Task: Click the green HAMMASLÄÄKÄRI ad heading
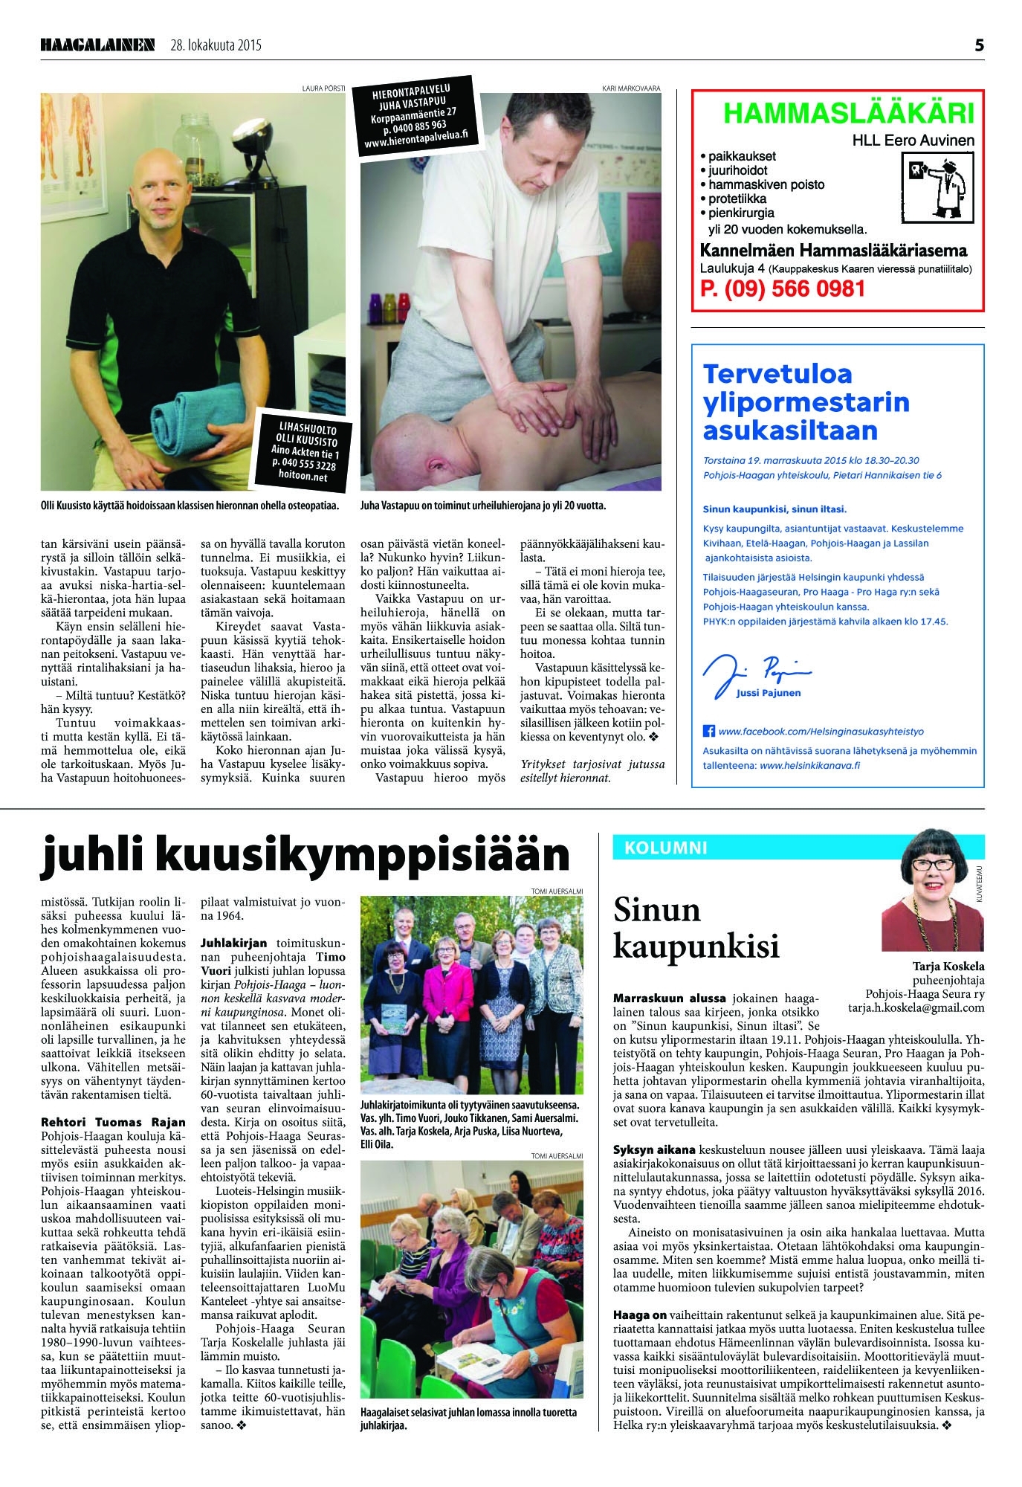847,114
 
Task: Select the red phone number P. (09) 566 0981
783,288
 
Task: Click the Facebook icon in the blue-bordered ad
708,732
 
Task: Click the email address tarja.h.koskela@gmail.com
916,1008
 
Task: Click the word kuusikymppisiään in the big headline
361,854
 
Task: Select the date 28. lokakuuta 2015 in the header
216,46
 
